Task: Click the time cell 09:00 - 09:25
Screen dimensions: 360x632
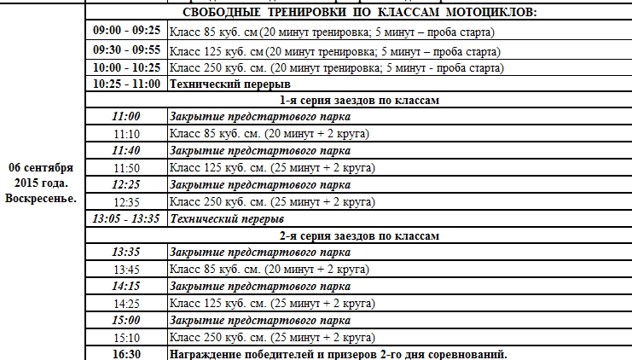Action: coord(126,31)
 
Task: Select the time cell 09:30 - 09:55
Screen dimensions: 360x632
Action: coord(126,49)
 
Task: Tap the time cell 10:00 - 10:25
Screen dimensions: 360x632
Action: coord(126,67)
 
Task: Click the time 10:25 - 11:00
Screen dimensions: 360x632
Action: coord(126,84)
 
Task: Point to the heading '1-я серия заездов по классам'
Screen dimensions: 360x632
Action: coord(358,100)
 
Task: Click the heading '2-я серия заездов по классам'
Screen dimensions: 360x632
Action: coord(358,235)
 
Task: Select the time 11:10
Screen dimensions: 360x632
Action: coord(126,134)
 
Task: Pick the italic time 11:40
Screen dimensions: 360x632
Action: coord(126,150)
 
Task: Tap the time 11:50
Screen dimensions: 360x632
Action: coord(126,168)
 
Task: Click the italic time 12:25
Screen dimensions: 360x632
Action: coord(126,184)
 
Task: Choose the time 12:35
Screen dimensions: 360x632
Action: coord(126,201)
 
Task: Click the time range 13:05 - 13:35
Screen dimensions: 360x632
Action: coord(126,218)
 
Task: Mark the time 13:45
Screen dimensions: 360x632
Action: coord(126,269)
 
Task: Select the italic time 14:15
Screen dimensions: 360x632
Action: coord(126,285)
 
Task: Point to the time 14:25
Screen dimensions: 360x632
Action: coord(126,303)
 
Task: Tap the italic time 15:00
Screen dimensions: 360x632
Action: coord(126,320)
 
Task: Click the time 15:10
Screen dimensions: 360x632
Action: coord(126,337)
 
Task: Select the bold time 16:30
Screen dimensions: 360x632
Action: coord(126,353)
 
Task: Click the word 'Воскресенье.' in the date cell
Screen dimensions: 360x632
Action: coord(41,198)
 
